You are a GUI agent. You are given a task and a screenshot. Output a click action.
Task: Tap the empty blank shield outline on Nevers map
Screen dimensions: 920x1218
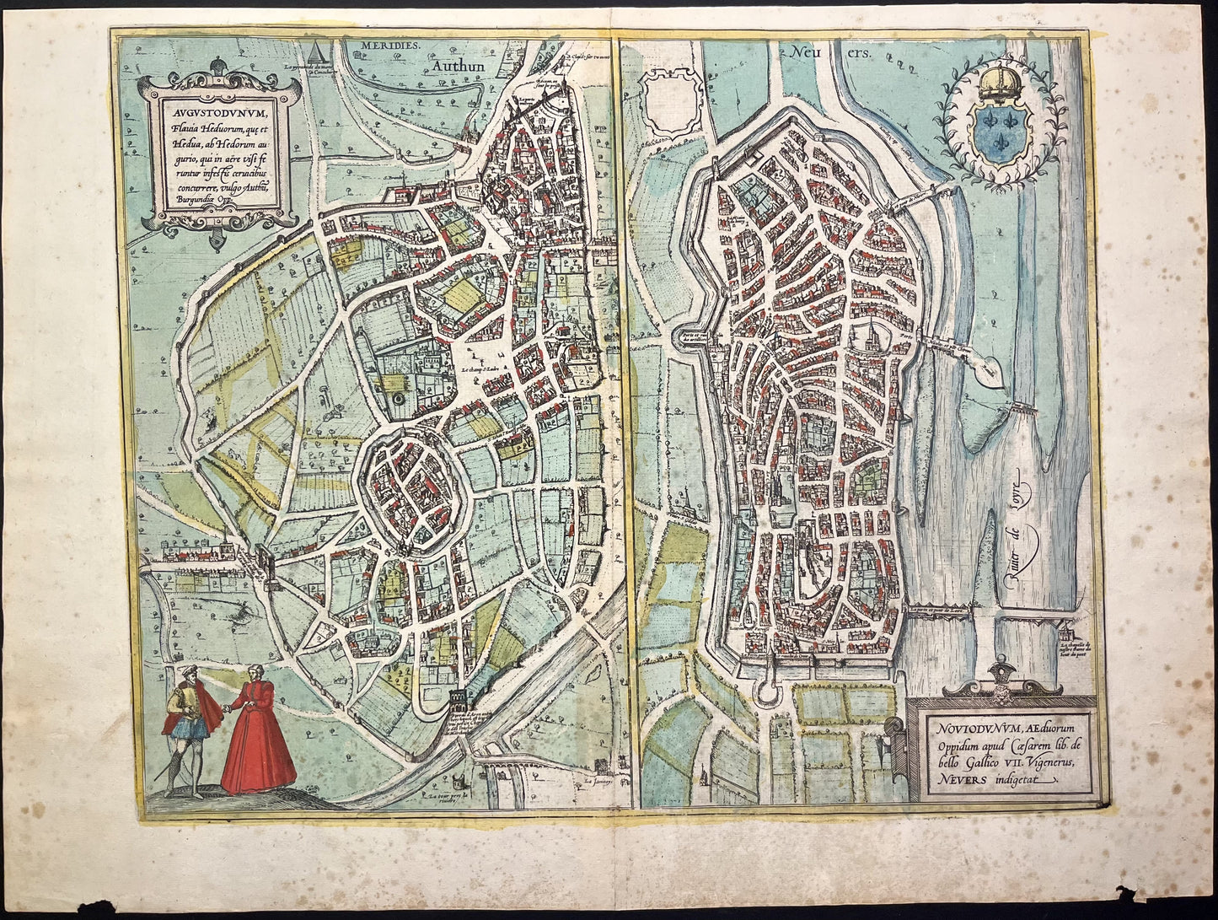click(x=671, y=100)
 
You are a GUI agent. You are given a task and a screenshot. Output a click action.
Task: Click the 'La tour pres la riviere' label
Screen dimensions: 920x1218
click(x=447, y=799)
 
